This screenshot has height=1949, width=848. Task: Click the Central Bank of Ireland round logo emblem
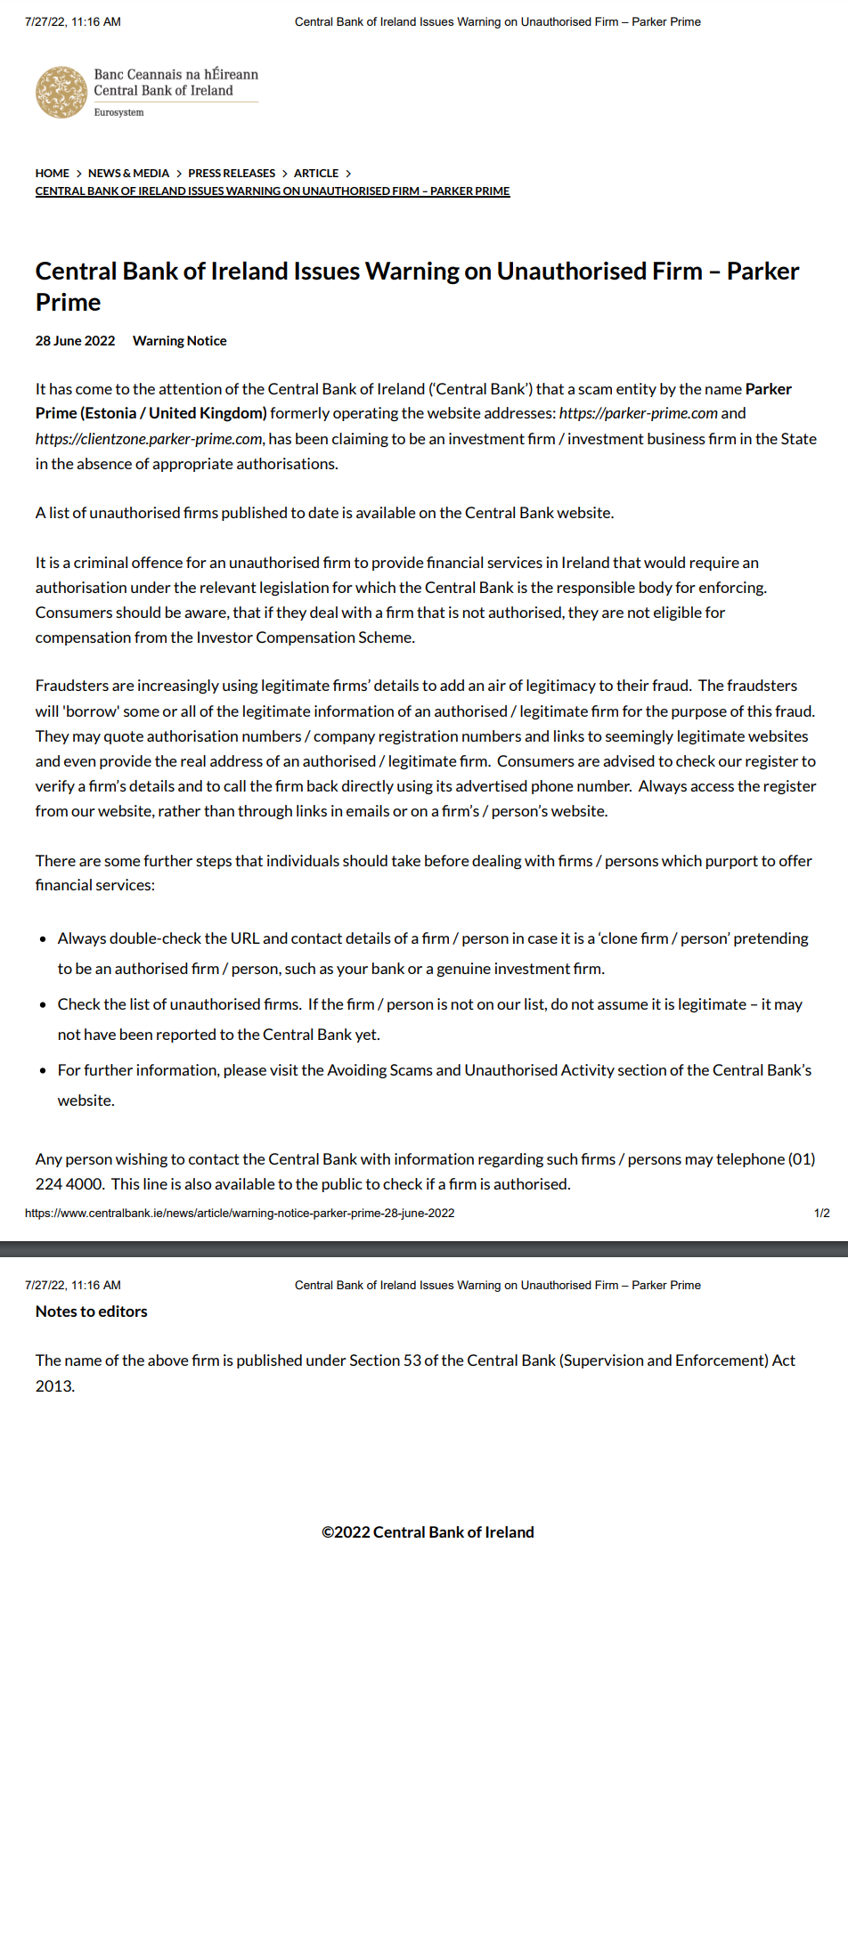[61, 92]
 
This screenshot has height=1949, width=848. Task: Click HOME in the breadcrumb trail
[52, 174]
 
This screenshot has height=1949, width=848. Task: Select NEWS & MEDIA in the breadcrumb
[128, 174]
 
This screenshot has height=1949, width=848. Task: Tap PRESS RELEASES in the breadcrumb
[232, 174]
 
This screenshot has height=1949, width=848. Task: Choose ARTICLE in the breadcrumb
[316, 174]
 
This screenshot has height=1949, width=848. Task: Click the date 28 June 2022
[75, 341]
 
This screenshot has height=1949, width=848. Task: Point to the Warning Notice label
[179, 341]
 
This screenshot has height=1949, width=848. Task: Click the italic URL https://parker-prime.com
[638, 413]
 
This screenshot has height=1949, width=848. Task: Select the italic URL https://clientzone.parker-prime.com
[149, 439]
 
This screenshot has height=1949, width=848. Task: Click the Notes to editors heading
[92, 1312]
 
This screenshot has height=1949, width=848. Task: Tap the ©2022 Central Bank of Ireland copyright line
[428, 1532]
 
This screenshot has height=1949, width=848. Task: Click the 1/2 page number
[821, 1214]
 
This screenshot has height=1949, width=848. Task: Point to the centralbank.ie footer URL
[240, 1214]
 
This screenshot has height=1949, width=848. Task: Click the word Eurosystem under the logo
[118, 113]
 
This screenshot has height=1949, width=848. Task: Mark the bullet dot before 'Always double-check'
[43, 939]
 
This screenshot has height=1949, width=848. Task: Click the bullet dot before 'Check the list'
[43, 1005]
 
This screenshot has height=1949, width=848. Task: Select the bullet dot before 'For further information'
[43, 1071]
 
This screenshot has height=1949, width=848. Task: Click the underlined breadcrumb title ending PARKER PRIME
[273, 191]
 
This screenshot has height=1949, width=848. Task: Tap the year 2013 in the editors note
[53, 1386]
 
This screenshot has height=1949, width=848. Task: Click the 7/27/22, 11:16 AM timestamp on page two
[73, 1286]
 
